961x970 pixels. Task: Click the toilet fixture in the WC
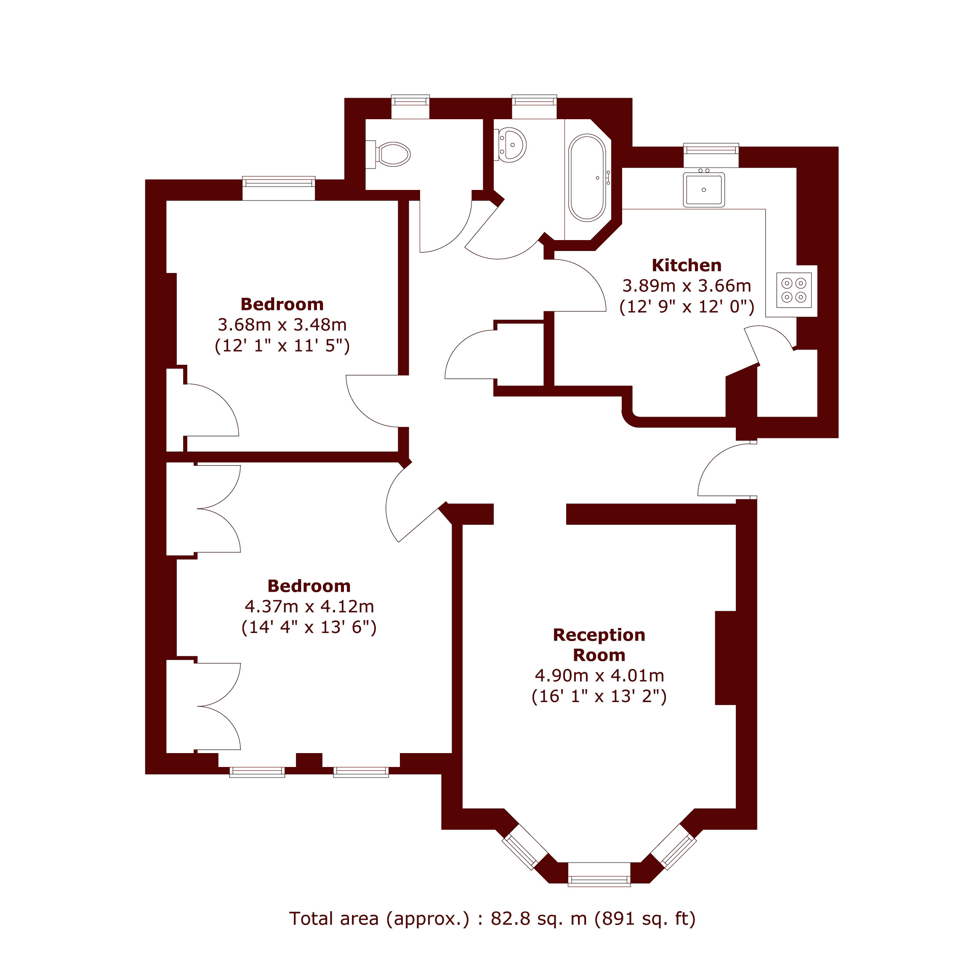(x=392, y=154)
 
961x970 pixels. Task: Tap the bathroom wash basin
(x=511, y=145)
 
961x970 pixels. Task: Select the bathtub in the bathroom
(x=587, y=178)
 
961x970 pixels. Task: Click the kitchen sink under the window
(x=703, y=189)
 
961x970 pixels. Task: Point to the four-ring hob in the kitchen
(x=793, y=290)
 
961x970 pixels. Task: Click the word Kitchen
(x=686, y=265)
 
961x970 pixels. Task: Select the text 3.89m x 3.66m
(x=686, y=286)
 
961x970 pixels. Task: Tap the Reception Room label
(x=599, y=645)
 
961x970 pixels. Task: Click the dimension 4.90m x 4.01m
(x=599, y=676)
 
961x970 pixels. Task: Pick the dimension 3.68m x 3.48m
(x=282, y=325)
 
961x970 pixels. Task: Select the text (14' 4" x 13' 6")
(x=309, y=628)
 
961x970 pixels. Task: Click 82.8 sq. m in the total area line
(x=538, y=918)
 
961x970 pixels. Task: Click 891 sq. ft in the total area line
(x=645, y=918)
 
